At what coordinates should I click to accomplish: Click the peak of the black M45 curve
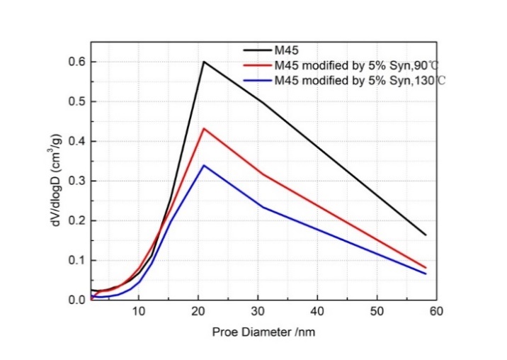pos(204,62)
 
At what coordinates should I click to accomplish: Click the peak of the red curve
pos(204,128)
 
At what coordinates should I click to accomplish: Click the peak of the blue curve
pos(204,165)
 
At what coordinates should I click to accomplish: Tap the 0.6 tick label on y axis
pos(76,62)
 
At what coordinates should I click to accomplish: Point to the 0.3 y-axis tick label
pos(76,181)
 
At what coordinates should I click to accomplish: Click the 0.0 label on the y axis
pos(76,300)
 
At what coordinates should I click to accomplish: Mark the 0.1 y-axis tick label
pos(76,261)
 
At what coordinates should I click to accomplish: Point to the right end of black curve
pos(426,235)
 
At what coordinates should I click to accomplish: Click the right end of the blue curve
pos(426,274)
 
